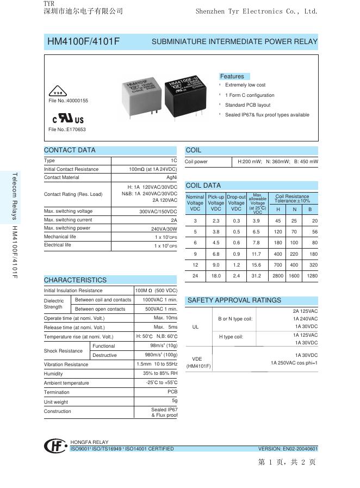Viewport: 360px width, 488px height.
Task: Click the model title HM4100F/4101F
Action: click(x=83, y=41)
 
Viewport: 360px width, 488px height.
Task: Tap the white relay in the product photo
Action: click(x=141, y=95)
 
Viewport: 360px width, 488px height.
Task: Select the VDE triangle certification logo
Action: click(x=58, y=91)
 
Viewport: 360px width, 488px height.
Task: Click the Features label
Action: click(x=232, y=76)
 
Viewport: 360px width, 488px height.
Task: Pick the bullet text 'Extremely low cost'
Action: click(x=245, y=85)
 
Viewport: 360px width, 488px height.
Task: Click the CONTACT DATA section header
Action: click(x=70, y=150)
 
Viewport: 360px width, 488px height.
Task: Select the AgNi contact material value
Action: click(x=171, y=177)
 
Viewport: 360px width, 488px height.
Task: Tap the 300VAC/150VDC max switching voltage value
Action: click(x=158, y=211)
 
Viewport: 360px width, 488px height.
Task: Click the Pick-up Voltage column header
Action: click(x=216, y=203)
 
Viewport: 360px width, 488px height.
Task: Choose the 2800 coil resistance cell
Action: click(x=278, y=276)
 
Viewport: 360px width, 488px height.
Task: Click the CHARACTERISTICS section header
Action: click(x=75, y=280)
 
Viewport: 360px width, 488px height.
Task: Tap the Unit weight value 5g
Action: click(x=174, y=400)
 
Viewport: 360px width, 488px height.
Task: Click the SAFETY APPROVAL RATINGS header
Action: click(x=234, y=300)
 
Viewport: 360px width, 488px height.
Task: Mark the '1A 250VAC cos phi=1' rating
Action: click(x=294, y=362)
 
